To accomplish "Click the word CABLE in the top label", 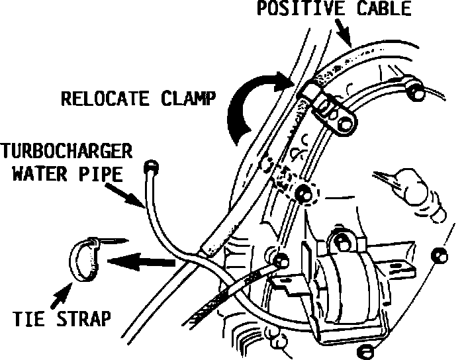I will tap(385, 9).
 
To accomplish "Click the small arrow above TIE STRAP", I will tap(64, 292).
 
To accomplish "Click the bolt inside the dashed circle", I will tap(304, 193).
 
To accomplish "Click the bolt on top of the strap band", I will tap(342, 240).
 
